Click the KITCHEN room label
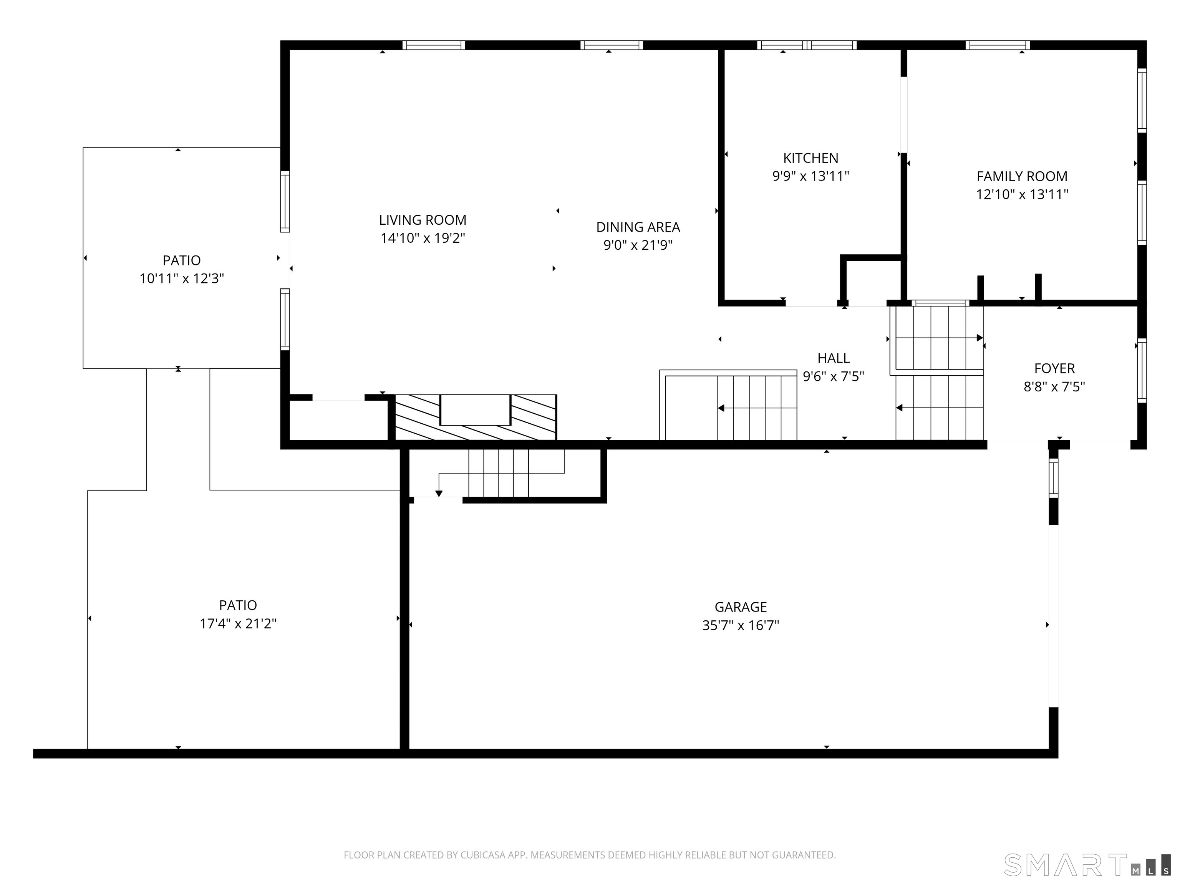click(810, 158)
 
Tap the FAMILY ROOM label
click(1022, 176)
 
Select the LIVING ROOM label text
click(423, 220)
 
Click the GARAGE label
click(741, 607)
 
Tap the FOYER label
click(1054, 368)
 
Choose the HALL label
click(833, 358)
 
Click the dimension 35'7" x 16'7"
click(741, 625)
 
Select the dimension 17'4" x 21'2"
click(238, 623)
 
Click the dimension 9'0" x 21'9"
click(638, 245)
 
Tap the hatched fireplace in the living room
click(475, 417)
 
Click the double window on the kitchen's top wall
click(807, 45)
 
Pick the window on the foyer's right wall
click(1142, 371)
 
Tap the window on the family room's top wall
click(998, 45)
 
